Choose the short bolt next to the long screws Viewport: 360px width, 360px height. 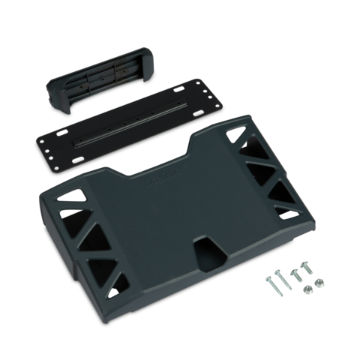coord(295,272)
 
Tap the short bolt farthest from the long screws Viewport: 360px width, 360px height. coord(306,265)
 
